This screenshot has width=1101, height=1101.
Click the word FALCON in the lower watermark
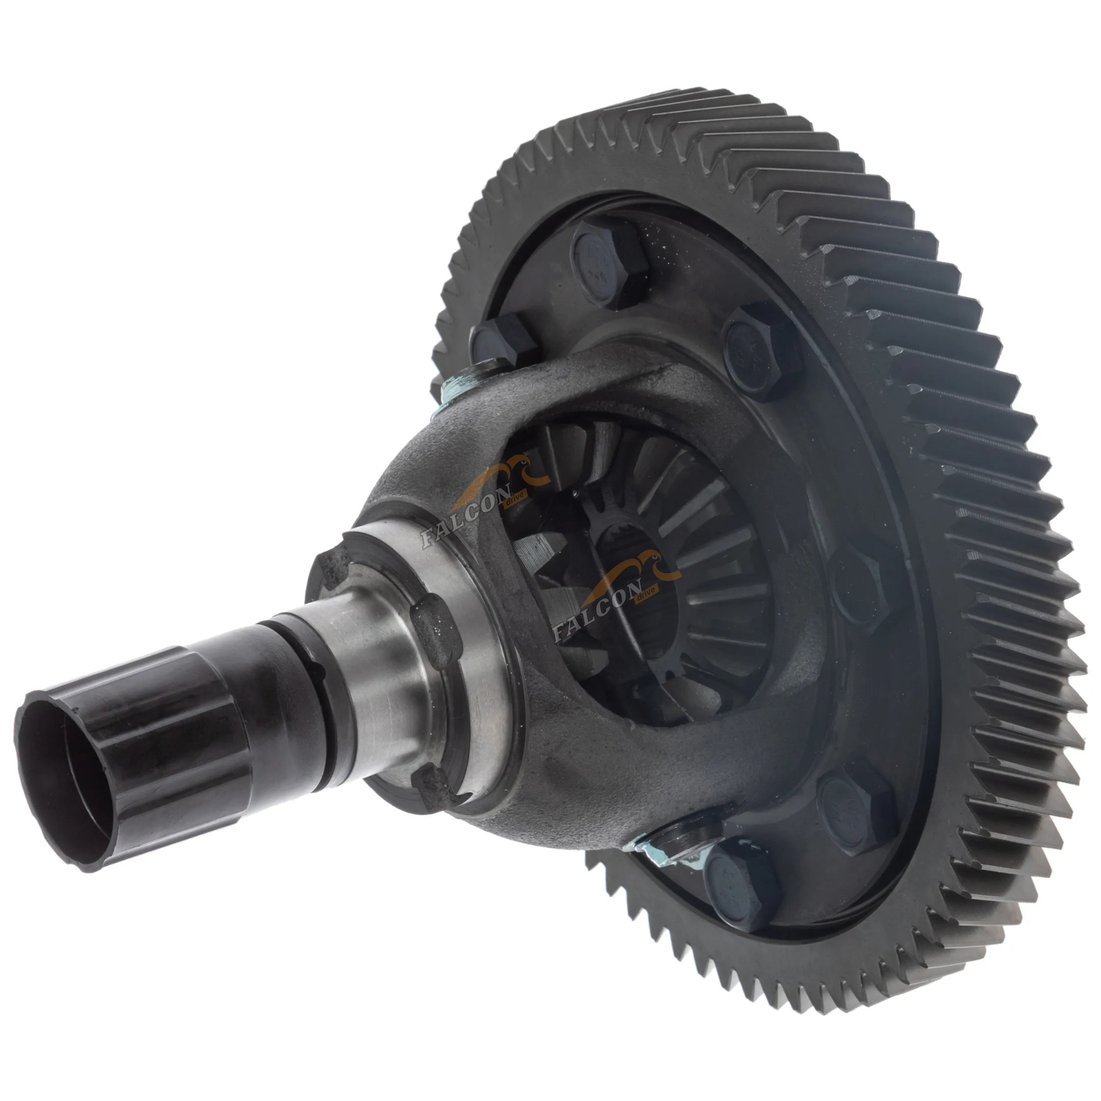pos(598,611)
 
